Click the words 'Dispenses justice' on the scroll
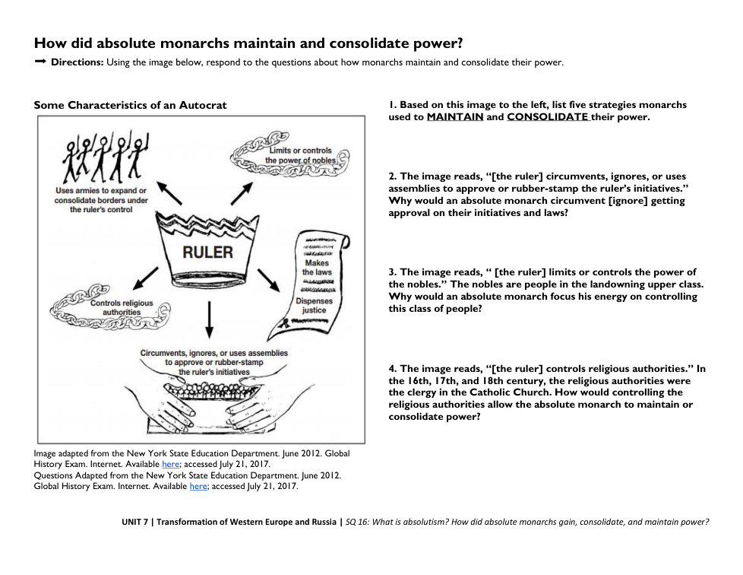[x=314, y=305]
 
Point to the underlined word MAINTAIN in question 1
[x=455, y=117]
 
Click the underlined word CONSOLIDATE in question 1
[x=548, y=117]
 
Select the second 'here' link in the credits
[x=198, y=487]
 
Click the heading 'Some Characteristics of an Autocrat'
[x=130, y=105]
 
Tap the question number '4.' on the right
[x=393, y=368]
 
